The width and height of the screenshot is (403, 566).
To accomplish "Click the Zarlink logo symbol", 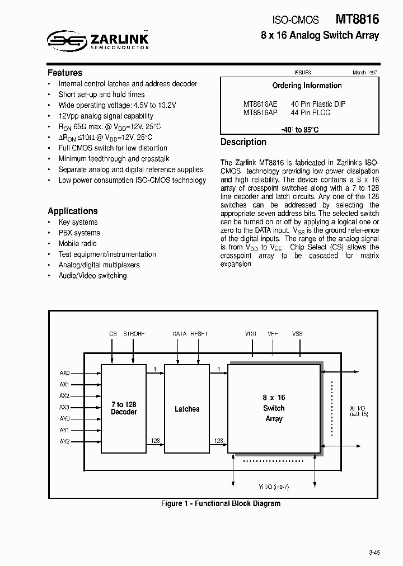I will coord(65,40).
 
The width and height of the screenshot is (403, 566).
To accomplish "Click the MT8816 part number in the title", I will coord(358,19).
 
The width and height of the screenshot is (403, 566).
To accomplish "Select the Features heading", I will coord(65,73).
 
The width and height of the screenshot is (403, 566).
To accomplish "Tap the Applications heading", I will coord(73,211).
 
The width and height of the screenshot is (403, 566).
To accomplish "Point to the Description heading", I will coord(243,142).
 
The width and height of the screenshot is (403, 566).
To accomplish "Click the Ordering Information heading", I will coord(307,86).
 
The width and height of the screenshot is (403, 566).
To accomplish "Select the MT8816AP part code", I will coord(260,112).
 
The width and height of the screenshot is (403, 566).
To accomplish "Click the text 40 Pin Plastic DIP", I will coord(318,104).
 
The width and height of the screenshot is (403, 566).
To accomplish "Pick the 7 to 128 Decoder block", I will coord(124,408).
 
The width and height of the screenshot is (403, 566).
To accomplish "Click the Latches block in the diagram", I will coord(187,409).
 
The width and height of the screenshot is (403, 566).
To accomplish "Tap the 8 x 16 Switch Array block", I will coord(274,408).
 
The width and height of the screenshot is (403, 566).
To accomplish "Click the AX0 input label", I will coord(64,373).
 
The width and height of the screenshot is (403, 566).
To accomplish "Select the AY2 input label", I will coord(64,441).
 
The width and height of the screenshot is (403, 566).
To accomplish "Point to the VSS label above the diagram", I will coord(297,334).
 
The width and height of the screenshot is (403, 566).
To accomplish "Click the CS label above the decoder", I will coord(113,334).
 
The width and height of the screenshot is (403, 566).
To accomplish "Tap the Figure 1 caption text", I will coord(221,503).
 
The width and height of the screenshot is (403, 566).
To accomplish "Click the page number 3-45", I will coord(374,553).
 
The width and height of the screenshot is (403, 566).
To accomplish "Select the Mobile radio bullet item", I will coord(77,243).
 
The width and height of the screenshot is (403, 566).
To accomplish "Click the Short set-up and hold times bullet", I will coord(101,95).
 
